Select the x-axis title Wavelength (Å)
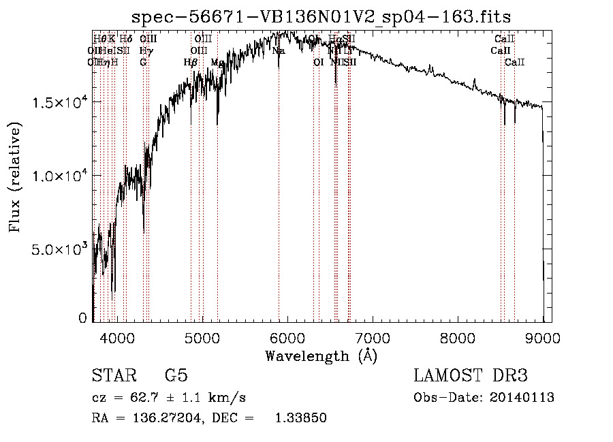coord(321,356)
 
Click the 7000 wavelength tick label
coord(373,337)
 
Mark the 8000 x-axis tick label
coord(458,337)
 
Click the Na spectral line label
coord(278,50)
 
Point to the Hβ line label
coord(191,62)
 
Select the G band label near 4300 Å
coord(143,62)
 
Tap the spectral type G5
coord(176,376)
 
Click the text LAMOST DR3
coord(471,376)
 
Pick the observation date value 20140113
coord(522,398)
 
